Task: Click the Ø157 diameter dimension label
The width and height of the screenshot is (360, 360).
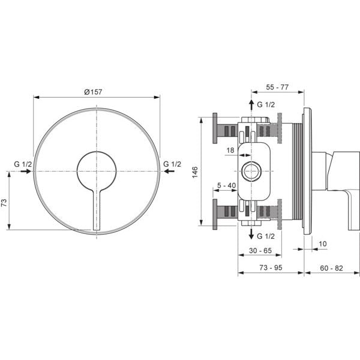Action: coord(93,92)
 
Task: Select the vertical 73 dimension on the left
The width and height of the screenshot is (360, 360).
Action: coord(4,203)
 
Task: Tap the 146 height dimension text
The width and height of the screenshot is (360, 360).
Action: coord(194,172)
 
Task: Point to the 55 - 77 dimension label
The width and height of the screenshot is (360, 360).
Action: coord(277,87)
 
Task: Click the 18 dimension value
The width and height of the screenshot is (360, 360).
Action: coord(230,150)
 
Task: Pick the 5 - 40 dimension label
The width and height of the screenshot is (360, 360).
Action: coord(227,185)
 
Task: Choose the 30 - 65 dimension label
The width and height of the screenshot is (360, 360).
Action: coord(260,250)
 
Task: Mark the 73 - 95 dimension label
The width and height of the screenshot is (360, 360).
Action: coord(271,268)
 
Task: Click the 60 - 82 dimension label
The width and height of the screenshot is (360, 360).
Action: coord(331,268)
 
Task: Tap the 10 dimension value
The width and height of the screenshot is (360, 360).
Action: coord(323,244)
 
